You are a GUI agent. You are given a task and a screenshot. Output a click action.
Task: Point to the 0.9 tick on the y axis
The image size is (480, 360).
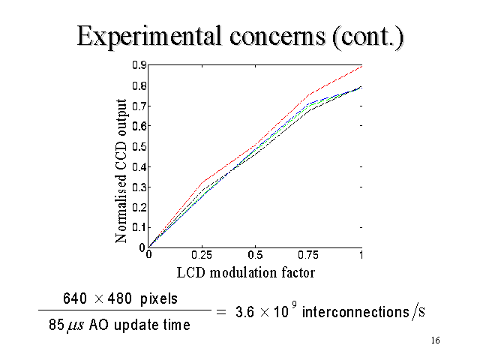[139, 65]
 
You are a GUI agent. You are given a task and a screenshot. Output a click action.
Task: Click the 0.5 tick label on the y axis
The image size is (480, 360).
[139, 146]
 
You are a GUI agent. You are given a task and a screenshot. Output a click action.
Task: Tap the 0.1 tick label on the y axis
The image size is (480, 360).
[139, 226]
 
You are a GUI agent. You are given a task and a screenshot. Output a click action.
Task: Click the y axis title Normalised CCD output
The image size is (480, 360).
[121, 169]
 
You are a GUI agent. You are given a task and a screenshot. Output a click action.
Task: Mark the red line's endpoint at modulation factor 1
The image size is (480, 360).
[362, 66]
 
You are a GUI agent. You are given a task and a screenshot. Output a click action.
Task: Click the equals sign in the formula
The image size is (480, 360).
[221, 312]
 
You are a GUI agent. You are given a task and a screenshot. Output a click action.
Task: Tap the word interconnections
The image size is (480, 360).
[357, 312]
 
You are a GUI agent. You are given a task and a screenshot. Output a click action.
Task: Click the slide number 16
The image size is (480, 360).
[436, 341]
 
